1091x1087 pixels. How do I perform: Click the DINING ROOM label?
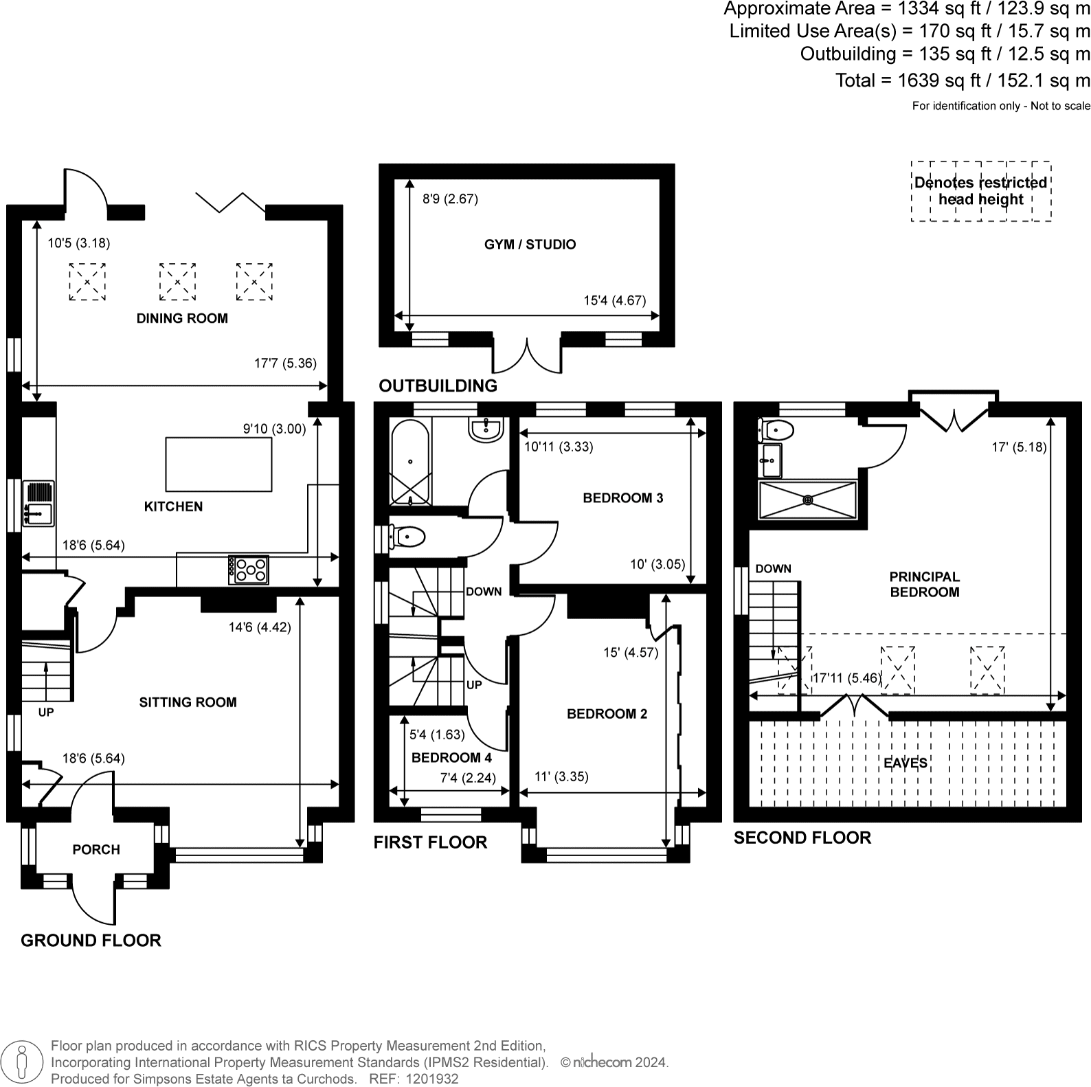[182, 318]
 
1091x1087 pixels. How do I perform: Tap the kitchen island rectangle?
[218, 464]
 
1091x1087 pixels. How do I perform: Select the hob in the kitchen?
[249, 570]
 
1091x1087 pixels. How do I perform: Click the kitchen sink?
[38, 504]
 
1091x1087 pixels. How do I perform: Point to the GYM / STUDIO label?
[530, 245]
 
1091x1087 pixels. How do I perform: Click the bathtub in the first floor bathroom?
[410, 462]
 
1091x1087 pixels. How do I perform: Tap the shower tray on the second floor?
[808, 500]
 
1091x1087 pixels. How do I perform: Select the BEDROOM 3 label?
[623, 498]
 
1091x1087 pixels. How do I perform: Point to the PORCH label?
[96, 850]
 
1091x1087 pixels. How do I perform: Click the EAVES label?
[906, 763]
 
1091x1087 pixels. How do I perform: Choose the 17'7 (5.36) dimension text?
[286, 363]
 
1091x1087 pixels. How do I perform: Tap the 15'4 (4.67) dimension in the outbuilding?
[615, 300]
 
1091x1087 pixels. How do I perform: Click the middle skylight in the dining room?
[177, 282]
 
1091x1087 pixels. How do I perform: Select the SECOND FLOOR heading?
[802, 838]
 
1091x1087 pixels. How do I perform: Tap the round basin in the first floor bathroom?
[487, 429]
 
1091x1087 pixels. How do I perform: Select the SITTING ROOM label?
[188, 702]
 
